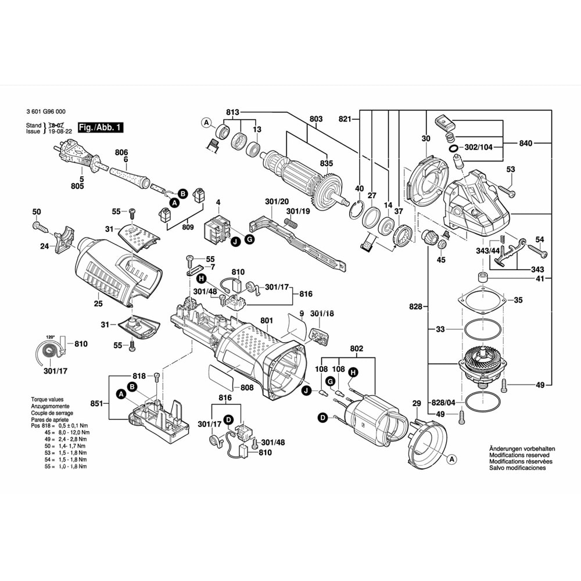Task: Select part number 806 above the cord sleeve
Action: coord(121,152)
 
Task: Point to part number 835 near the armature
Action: coord(327,164)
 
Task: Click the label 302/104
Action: coord(478,148)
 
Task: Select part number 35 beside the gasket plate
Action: coord(518,300)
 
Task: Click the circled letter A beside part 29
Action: coord(451,458)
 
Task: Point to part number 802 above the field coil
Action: coord(356,349)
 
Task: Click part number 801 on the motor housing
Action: coord(267,320)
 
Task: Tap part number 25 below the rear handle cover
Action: coord(98,304)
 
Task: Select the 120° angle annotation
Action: coord(51,336)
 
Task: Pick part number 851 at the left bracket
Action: coord(96,403)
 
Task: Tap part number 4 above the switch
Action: coord(218,203)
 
